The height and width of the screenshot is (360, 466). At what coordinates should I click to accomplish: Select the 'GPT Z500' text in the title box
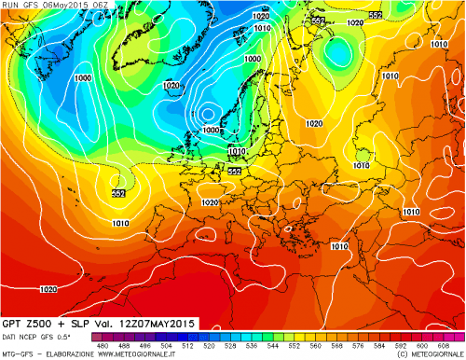[27, 323]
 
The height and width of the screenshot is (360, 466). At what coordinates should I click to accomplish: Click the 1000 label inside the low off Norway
[211, 130]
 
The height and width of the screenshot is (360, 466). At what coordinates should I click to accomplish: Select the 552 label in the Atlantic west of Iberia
[119, 192]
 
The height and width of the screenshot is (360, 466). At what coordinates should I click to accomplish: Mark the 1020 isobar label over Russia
[314, 123]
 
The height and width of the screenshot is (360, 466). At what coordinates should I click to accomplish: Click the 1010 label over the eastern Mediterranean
[339, 246]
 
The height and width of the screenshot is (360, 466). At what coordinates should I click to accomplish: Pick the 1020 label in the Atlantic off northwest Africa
[48, 289]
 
